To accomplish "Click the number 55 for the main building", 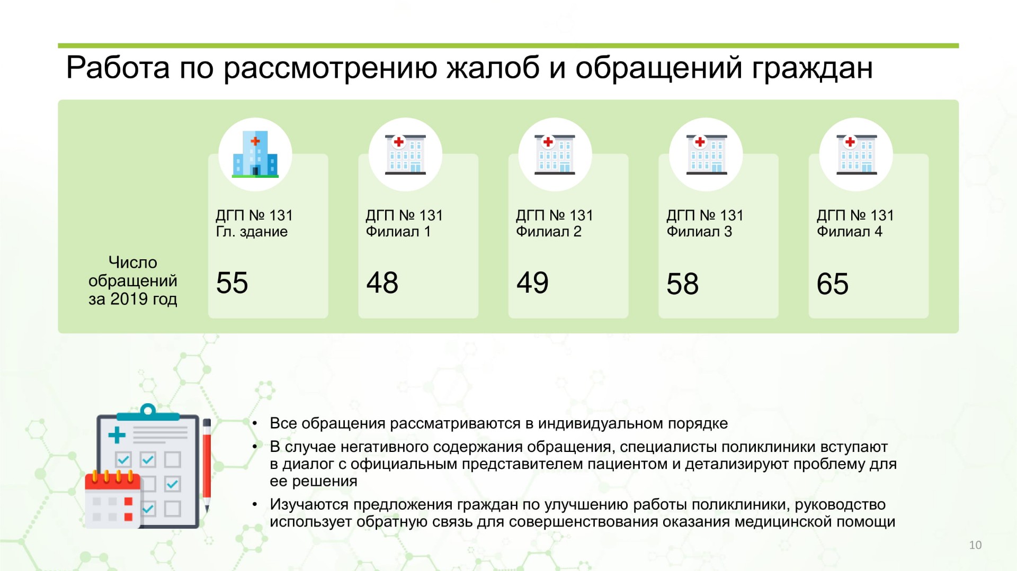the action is [x=232, y=283].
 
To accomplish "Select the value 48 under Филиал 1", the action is [x=382, y=283].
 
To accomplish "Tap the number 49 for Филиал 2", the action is [x=532, y=283].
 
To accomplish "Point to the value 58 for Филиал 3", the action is [x=683, y=284].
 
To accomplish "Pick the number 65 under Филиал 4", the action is [x=833, y=284].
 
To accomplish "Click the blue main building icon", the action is [x=255, y=154].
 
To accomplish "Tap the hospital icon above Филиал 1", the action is [x=405, y=154].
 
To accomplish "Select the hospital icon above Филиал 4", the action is [x=857, y=154].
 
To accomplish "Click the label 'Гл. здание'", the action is [x=252, y=232].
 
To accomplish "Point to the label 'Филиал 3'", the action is [x=699, y=232].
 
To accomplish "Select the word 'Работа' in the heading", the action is [x=118, y=68].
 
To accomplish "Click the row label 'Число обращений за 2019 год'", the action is [x=133, y=280].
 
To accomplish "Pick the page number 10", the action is [x=975, y=545].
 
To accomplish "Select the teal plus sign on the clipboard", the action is [x=117, y=435].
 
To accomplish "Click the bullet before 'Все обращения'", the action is [x=255, y=423].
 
